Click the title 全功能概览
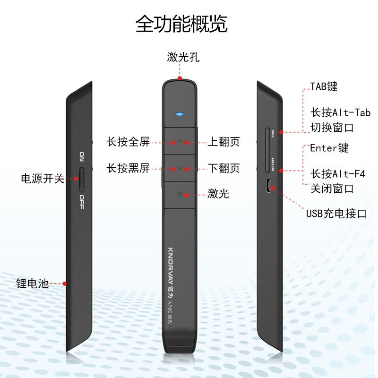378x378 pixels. [181, 24]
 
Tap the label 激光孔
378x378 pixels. [183, 58]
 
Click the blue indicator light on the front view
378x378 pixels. [179, 114]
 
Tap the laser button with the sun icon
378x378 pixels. [180, 194]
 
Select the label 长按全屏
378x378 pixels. [128, 142]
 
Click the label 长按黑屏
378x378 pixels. [128, 168]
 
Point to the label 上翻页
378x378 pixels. [224, 142]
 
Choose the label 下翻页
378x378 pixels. [224, 168]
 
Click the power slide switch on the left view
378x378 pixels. [83, 179]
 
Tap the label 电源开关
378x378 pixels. [42, 179]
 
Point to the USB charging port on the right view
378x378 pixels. [267, 186]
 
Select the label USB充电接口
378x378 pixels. [336, 214]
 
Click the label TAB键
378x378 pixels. [324, 86]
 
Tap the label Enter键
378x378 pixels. [329, 148]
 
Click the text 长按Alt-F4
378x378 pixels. [338, 173]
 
